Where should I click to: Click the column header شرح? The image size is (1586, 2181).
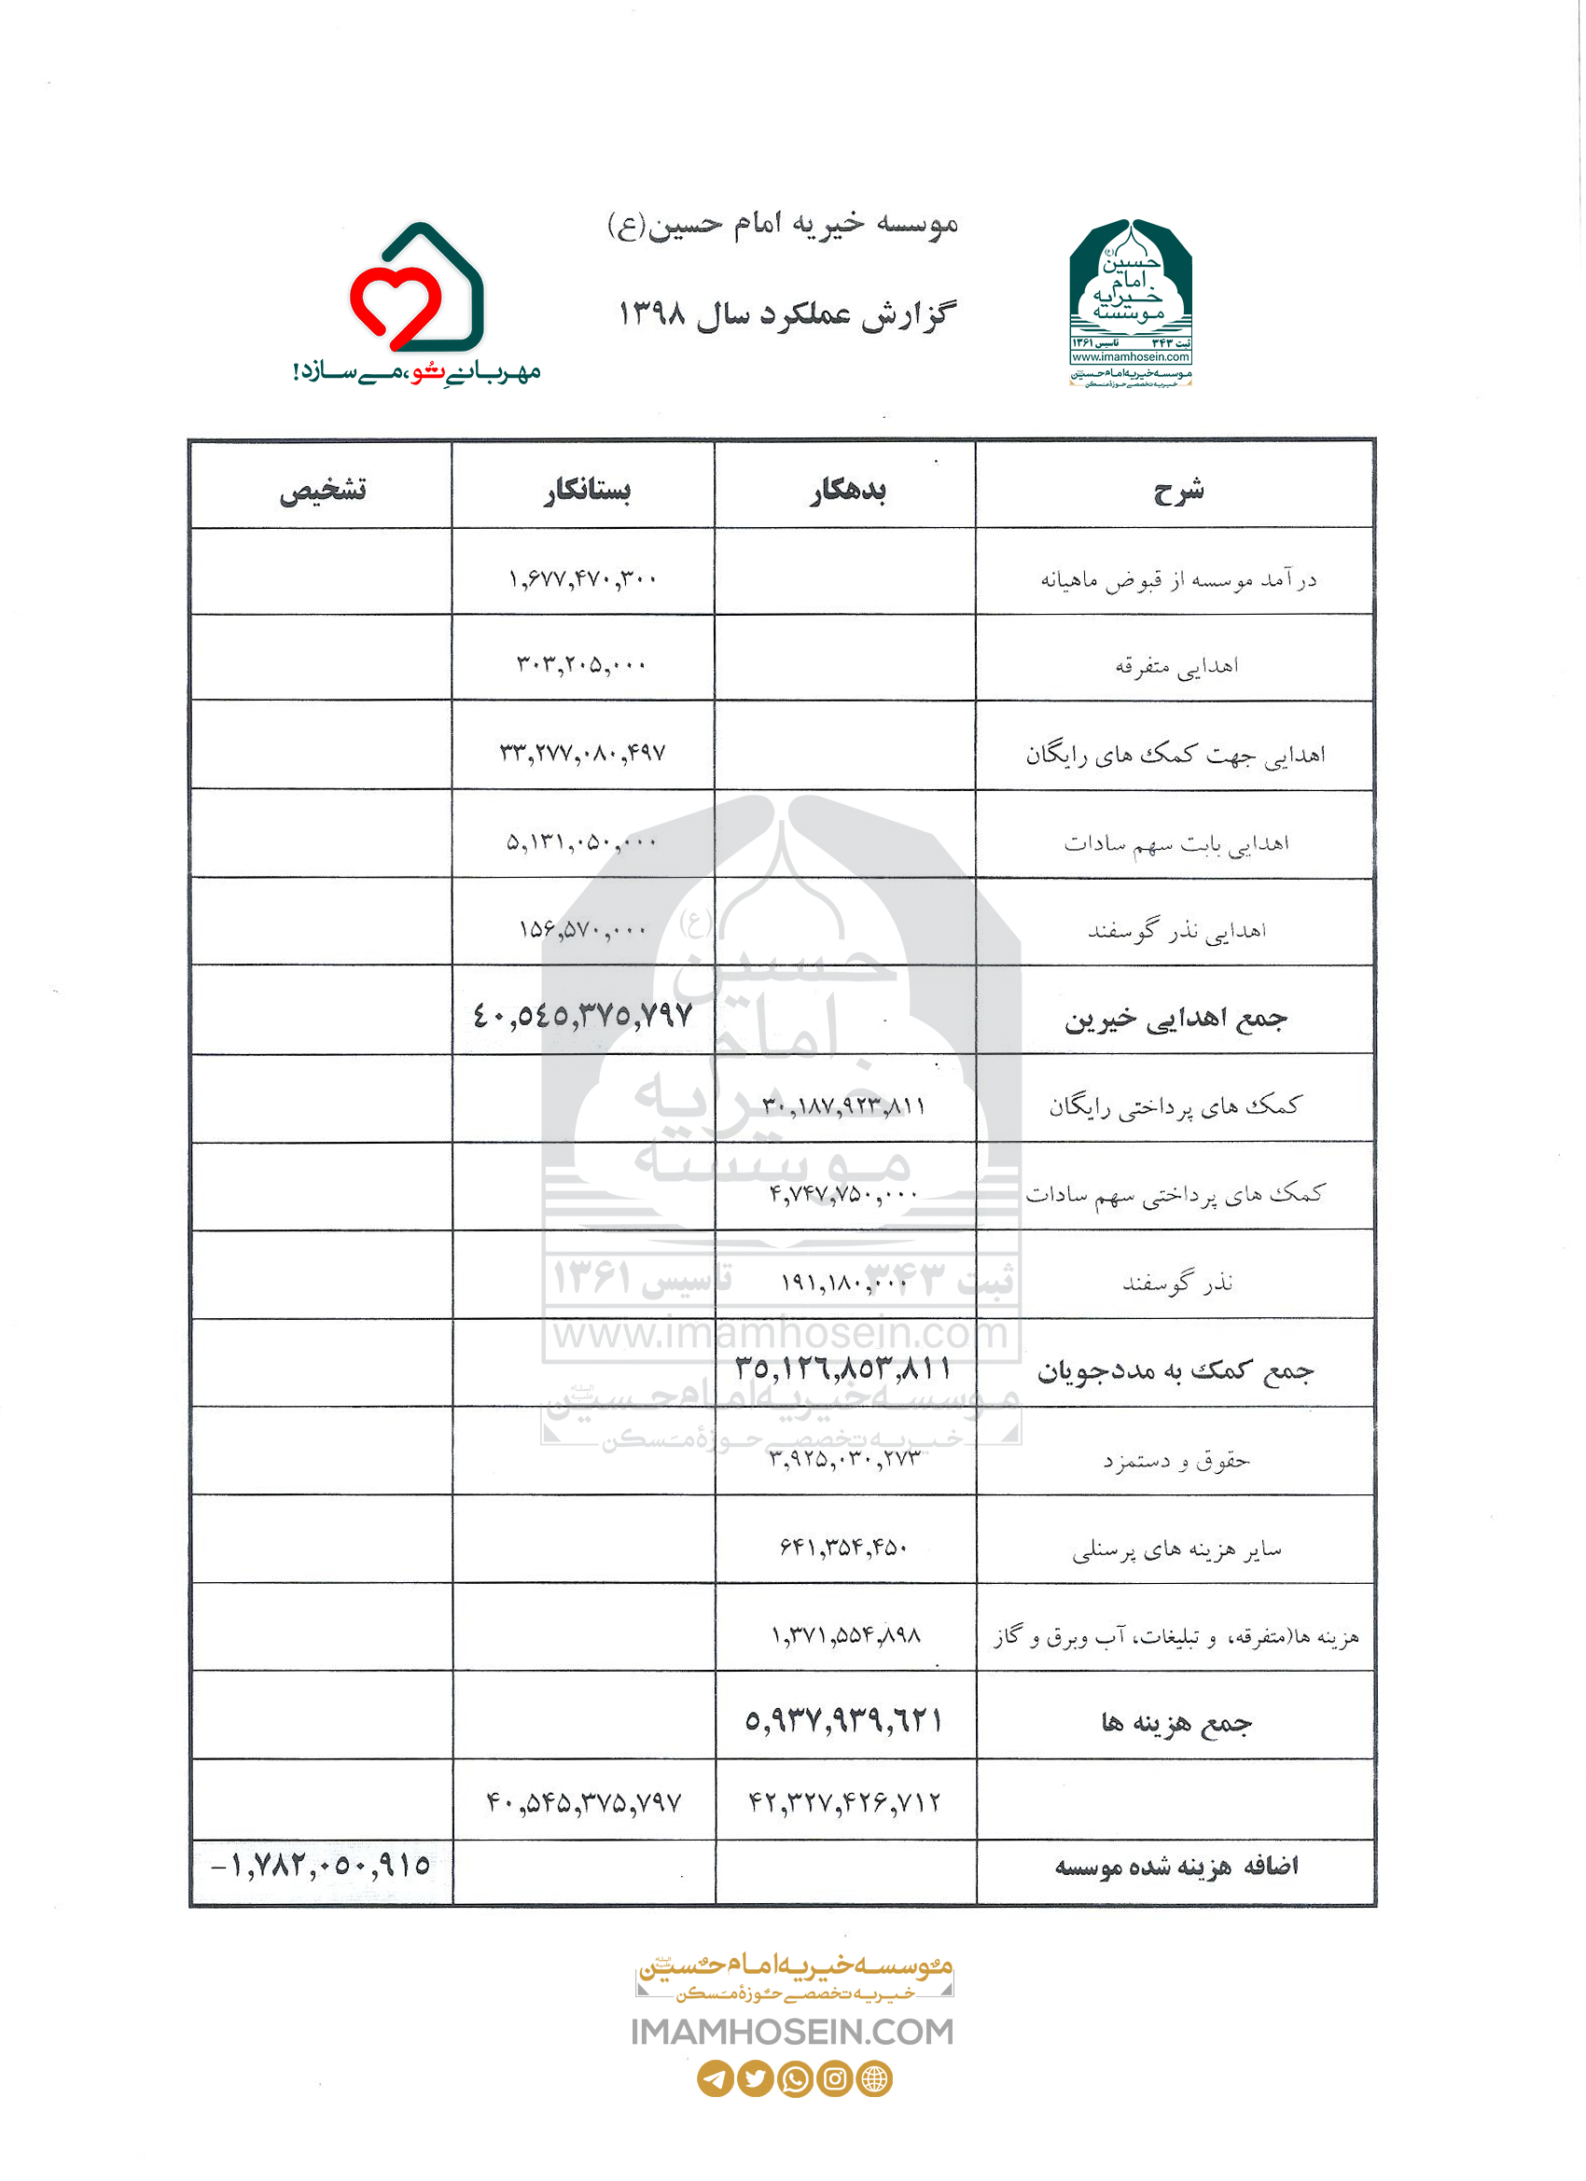[x=1177, y=491]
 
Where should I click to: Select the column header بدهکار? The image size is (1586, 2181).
[x=846, y=491]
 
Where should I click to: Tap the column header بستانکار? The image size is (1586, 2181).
[x=586, y=491]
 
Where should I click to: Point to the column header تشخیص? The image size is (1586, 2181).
[x=322, y=491]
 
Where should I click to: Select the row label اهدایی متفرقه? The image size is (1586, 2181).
[x=1176, y=665]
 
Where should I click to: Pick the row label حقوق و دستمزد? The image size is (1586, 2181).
[x=1176, y=1461]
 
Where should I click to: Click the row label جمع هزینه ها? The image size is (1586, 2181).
[x=1176, y=1722]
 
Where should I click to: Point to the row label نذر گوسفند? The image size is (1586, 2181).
[x=1177, y=1282]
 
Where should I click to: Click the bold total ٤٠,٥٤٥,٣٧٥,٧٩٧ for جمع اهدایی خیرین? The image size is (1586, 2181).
[x=583, y=1016]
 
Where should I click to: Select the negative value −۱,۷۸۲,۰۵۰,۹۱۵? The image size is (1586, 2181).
[x=320, y=1866]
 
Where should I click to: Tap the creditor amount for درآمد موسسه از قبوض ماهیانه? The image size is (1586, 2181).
[x=583, y=579]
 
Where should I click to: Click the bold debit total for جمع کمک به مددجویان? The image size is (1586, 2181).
[x=843, y=1368]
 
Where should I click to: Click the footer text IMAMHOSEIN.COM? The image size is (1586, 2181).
[x=792, y=2032]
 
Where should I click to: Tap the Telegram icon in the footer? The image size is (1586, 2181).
[x=715, y=2078]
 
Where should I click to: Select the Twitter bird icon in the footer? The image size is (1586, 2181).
[x=755, y=2078]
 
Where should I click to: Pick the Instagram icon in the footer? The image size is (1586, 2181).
[x=835, y=2078]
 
